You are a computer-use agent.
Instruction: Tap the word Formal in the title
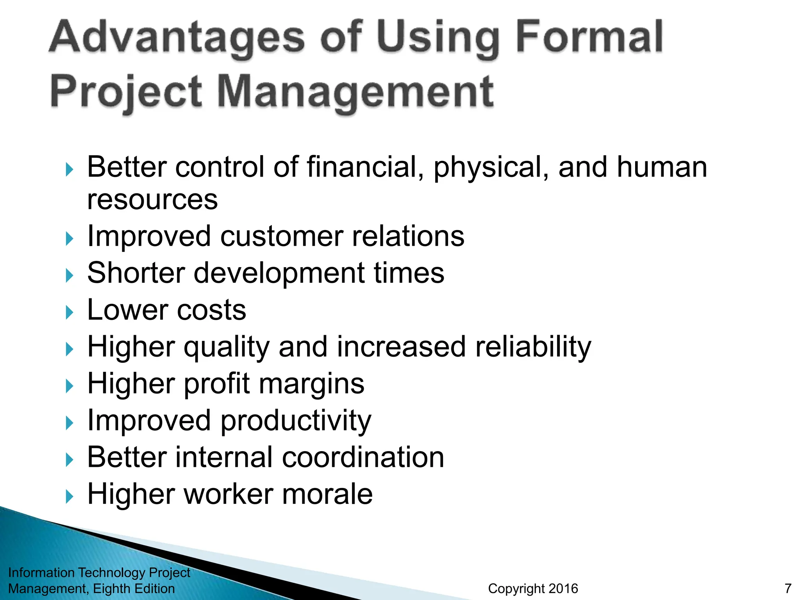[x=589, y=37]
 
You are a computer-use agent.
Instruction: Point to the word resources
[x=152, y=200]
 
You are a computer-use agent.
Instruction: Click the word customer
[x=282, y=236]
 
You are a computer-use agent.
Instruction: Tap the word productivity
[x=296, y=421]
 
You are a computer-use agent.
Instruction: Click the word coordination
[x=363, y=457]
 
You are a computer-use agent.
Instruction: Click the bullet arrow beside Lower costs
[x=70, y=312]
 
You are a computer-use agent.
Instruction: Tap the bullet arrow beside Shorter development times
[x=70, y=276]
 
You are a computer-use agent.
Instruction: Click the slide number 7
[x=788, y=588]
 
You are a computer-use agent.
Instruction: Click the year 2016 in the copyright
[x=563, y=588]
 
